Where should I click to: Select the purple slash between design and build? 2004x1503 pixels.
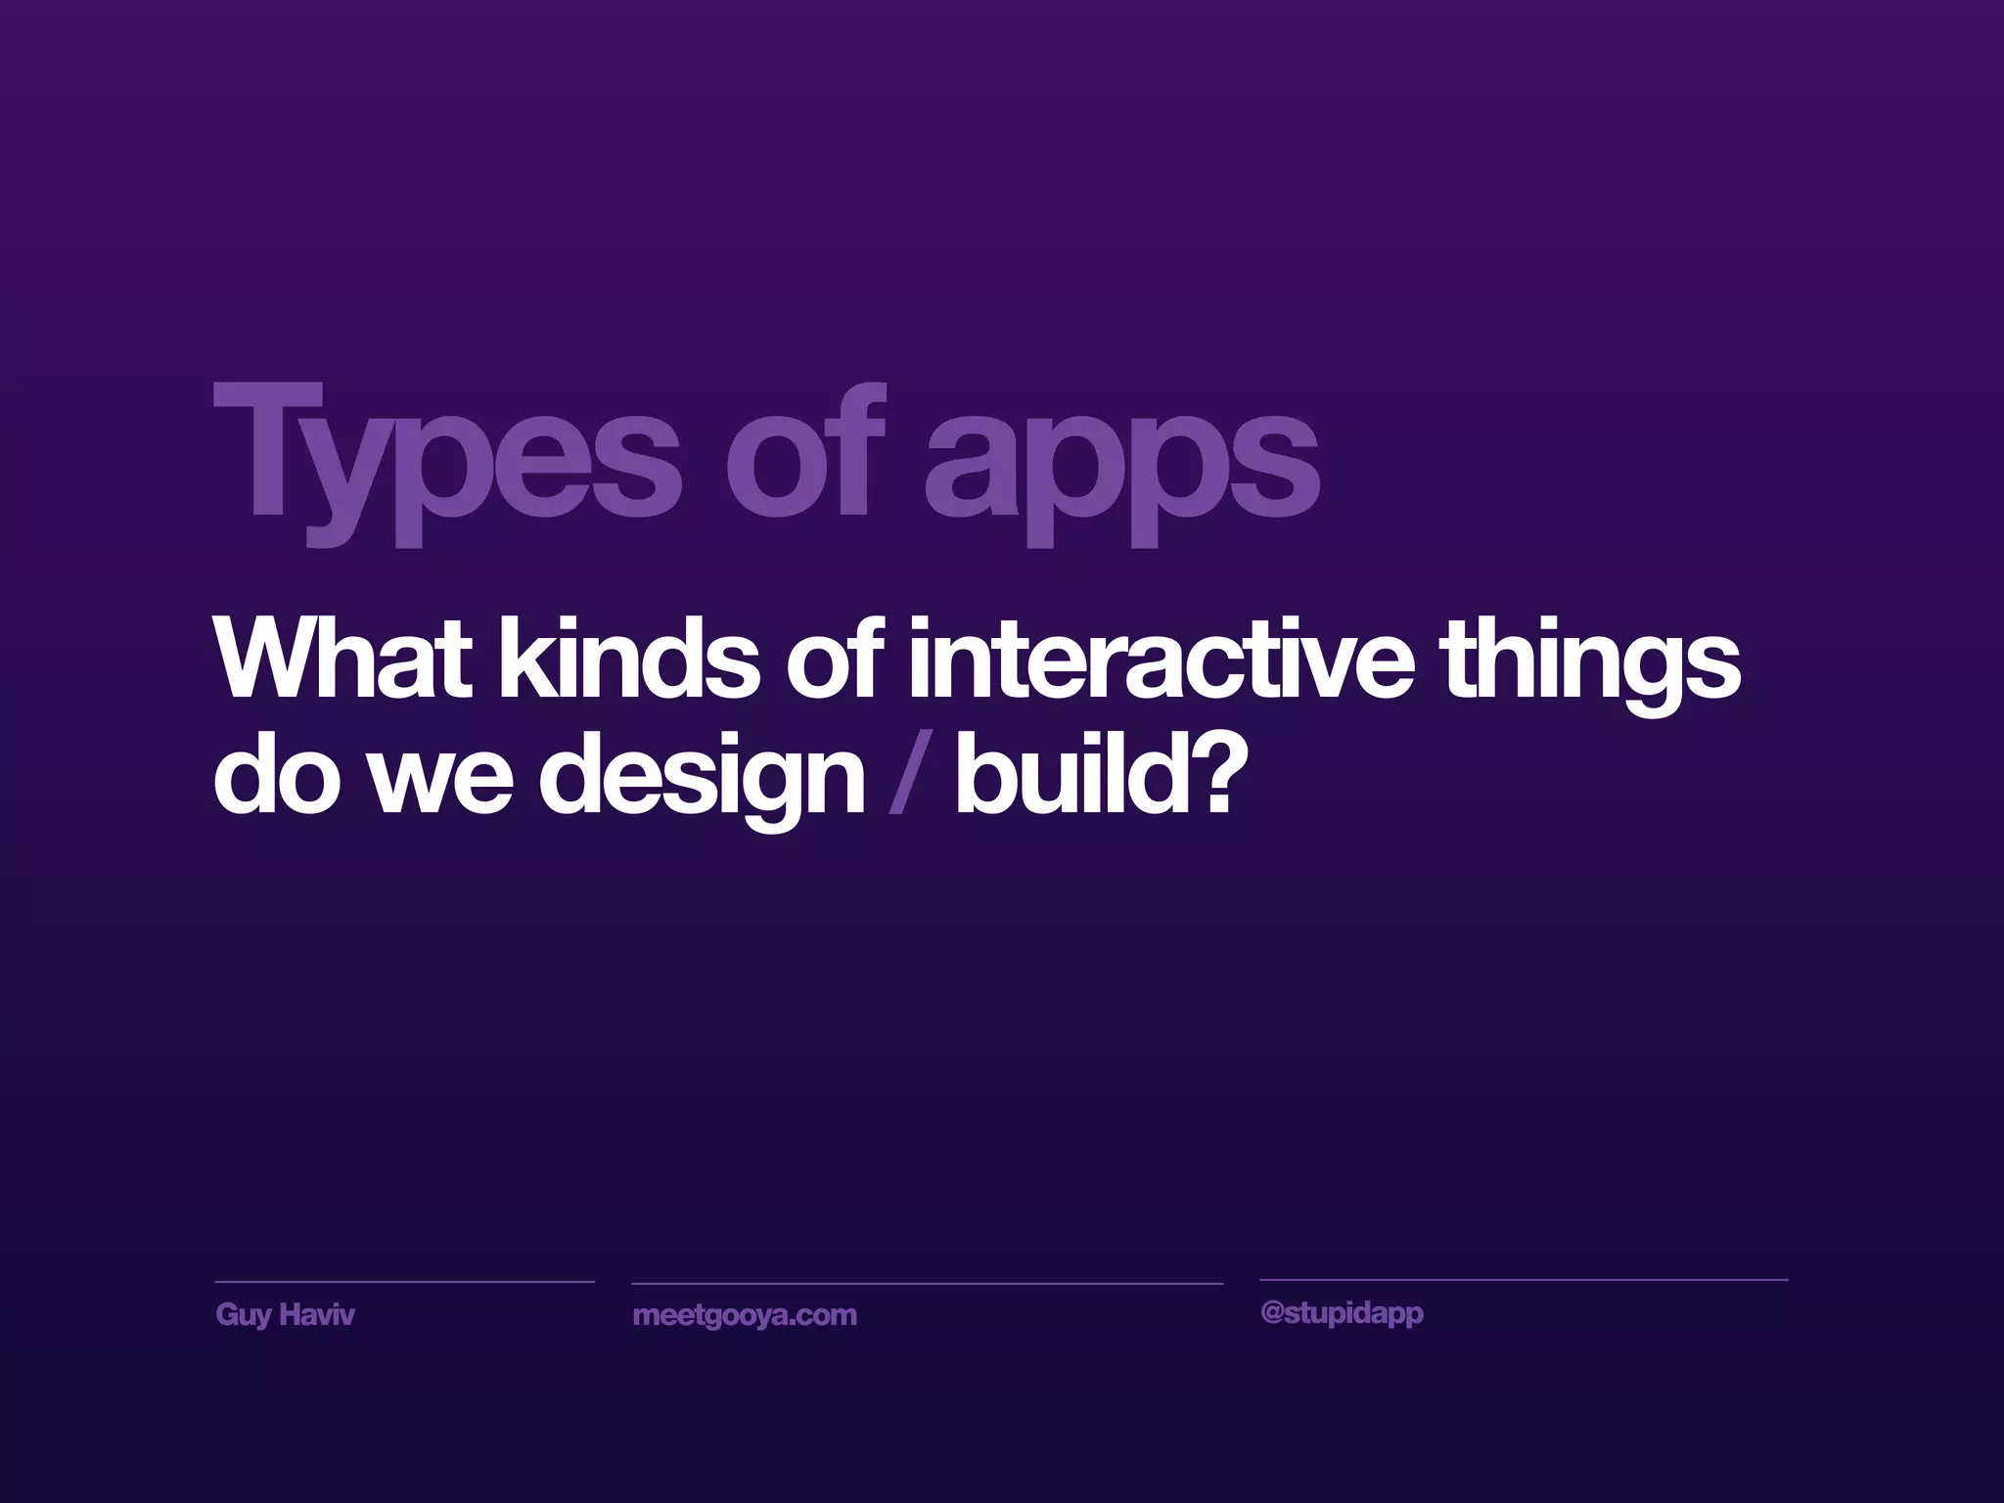[x=907, y=778]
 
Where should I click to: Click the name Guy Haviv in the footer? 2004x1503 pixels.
[x=285, y=1314]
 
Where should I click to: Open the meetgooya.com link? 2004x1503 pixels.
[x=745, y=1315]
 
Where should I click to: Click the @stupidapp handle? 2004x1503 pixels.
[x=1342, y=1313]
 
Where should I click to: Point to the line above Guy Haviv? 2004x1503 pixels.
[x=404, y=1281]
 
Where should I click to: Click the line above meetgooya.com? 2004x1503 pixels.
[x=927, y=1283]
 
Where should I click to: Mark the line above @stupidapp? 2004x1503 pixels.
[x=1523, y=1279]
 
